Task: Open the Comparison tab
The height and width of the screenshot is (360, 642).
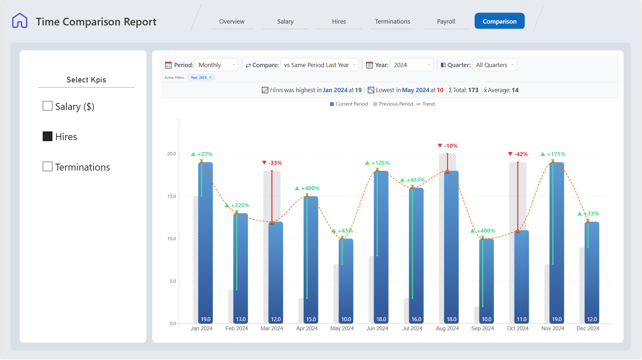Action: pyautogui.click(x=499, y=21)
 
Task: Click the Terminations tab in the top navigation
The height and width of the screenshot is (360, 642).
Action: pyautogui.click(x=393, y=21)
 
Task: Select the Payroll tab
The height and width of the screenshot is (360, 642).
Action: pyautogui.click(x=446, y=21)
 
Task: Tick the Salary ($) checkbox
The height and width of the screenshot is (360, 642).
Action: pyautogui.click(x=48, y=106)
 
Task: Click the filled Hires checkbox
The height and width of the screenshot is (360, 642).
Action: pyautogui.click(x=48, y=136)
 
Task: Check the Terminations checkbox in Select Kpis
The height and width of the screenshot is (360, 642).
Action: pyautogui.click(x=48, y=167)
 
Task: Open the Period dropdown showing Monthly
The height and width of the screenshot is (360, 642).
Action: pyautogui.click(x=216, y=65)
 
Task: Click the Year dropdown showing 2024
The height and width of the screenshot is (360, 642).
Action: pyautogui.click(x=412, y=65)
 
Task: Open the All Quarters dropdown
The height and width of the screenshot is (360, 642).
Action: pyautogui.click(x=494, y=65)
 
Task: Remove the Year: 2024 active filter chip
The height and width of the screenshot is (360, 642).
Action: pyautogui.click(x=211, y=77)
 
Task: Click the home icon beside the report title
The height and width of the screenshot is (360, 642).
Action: pyautogui.click(x=20, y=21)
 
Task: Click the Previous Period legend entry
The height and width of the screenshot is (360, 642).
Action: pyautogui.click(x=393, y=104)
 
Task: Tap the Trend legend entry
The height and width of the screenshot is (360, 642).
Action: pyautogui.click(x=426, y=104)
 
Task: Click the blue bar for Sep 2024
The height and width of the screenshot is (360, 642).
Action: pyautogui.click(x=486, y=281)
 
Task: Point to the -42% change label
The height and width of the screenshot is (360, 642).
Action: pyautogui.click(x=518, y=154)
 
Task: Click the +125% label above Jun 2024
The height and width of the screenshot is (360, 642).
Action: pyautogui.click(x=377, y=163)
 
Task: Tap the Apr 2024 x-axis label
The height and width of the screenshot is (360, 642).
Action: pyautogui.click(x=307, y=328)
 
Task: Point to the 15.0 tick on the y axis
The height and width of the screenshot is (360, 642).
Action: pyautogui.click(x=171, y=196)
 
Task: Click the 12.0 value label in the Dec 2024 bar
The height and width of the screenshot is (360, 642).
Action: pyautogui.click(x=592, y=319)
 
